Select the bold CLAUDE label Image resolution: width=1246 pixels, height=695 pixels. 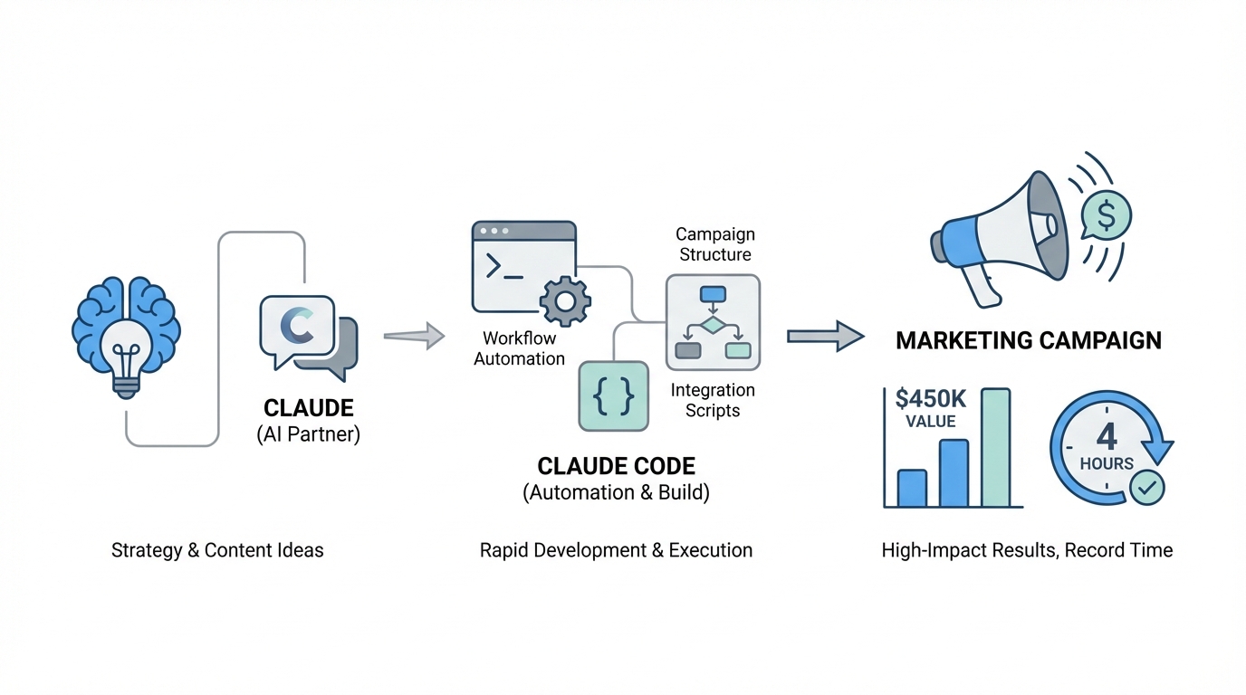308,407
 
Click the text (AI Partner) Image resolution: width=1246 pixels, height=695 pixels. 308,434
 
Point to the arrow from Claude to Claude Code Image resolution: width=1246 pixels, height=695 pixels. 414,337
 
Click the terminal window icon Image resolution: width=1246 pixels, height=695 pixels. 523,268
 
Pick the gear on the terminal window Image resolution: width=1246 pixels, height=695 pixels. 565,301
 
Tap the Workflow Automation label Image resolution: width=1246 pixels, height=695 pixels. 519,348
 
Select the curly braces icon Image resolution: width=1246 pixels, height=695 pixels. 613,395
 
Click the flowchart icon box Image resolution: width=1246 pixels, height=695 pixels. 713,323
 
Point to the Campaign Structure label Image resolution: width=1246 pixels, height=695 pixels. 714,244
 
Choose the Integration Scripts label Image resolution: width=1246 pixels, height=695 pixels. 712,400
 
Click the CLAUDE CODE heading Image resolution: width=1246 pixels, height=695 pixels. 616,467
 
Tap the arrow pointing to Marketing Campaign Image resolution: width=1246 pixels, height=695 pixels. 825,336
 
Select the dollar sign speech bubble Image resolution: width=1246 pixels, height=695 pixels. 1106,214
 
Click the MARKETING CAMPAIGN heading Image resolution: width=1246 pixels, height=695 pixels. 1028,341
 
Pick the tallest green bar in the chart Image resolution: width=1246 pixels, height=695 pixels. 995,447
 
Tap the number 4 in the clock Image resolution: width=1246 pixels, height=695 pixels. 1107,437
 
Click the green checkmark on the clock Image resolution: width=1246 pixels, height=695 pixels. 1146,487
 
